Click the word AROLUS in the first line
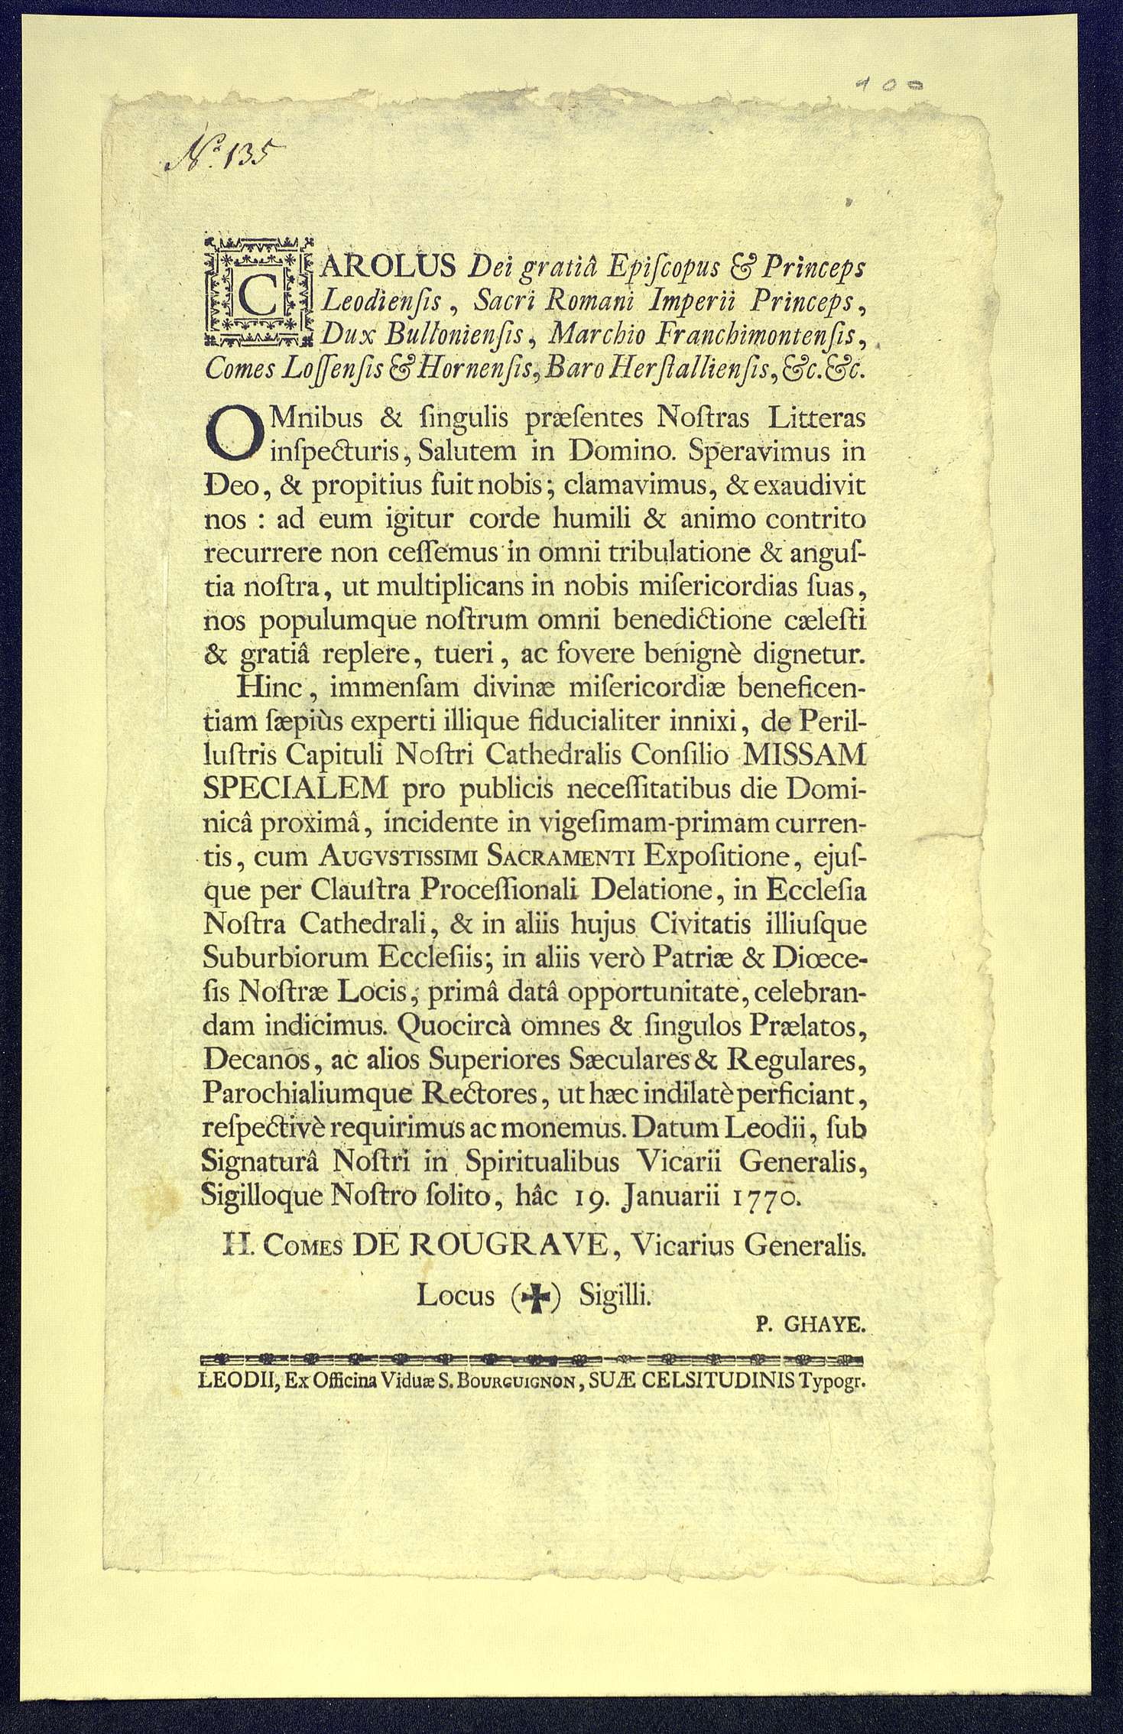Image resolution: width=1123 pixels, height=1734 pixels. [391, 265]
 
